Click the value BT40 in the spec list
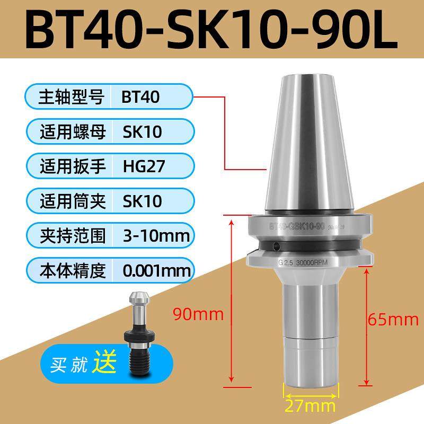pos(140,98)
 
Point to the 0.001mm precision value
pos(156,271)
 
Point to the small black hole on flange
pos(277,245)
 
